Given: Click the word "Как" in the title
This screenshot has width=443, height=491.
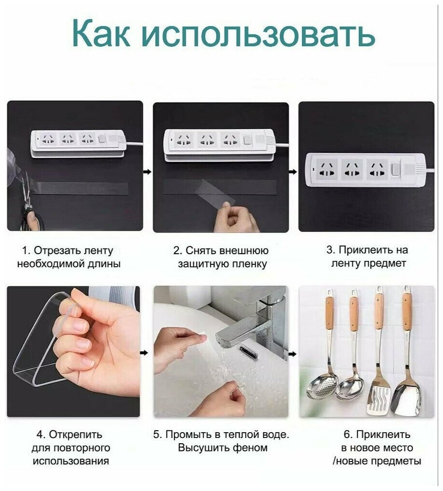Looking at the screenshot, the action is (x=101, y=33).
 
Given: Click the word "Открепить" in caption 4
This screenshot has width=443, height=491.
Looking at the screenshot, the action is (x=75, y=435).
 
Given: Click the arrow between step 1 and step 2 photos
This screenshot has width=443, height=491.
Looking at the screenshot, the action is (x=147, y=172).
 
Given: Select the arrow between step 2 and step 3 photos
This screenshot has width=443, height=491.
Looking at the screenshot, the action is (x=293, y=172).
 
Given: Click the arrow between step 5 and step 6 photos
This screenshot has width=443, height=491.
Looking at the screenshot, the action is (x=292, y=354).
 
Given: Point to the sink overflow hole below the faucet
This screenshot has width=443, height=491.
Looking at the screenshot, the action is (x=249, y=353).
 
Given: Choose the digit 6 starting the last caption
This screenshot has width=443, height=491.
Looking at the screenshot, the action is (x=346, y=435).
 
